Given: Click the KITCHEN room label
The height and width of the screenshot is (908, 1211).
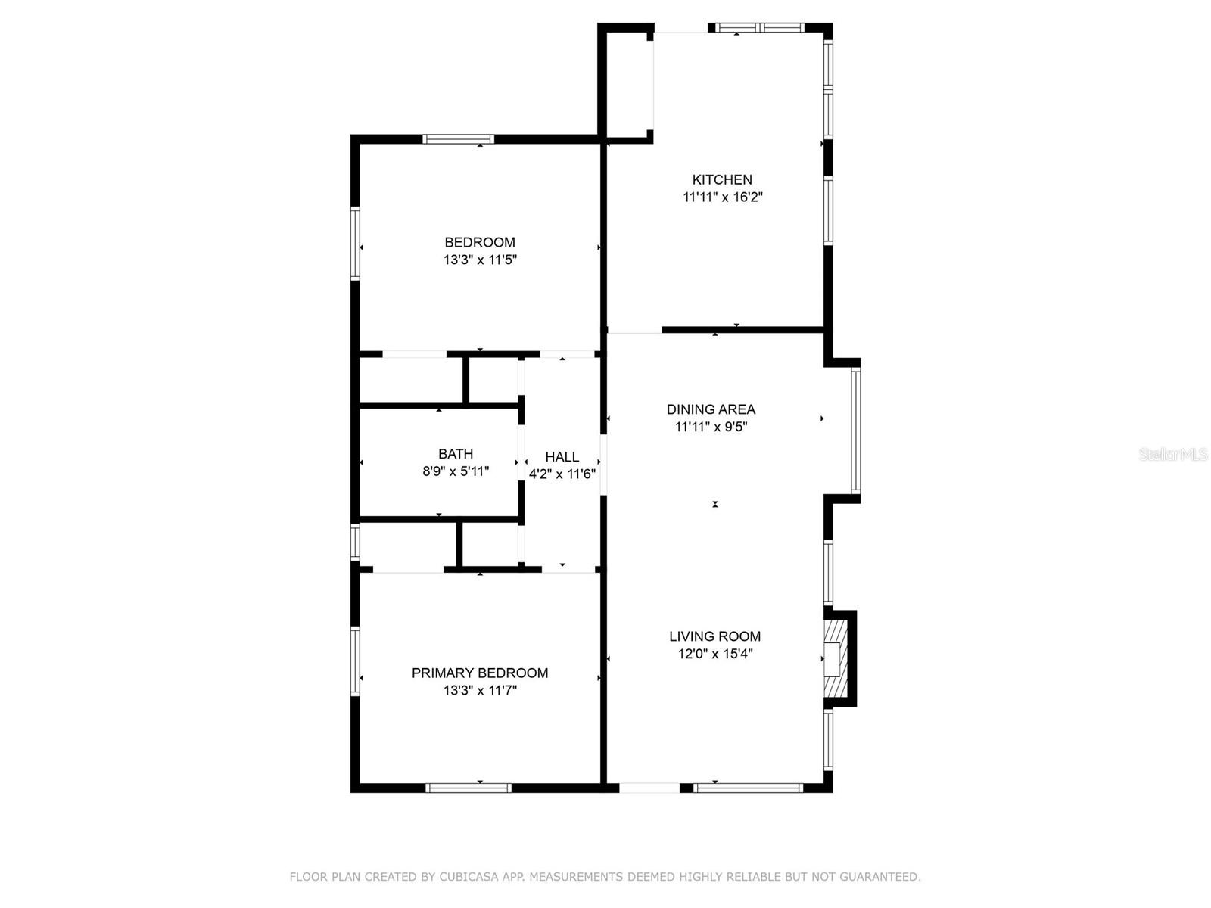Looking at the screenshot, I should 722,180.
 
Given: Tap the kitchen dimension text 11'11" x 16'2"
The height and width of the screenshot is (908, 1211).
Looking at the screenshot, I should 722,197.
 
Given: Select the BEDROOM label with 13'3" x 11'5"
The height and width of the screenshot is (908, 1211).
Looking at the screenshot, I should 480,243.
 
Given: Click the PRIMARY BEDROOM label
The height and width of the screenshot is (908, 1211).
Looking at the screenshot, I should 480,673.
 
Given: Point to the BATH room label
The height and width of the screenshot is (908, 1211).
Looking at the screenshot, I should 456,454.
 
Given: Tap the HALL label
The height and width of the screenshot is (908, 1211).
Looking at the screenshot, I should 562,457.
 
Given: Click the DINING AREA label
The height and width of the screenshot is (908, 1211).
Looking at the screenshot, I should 711,409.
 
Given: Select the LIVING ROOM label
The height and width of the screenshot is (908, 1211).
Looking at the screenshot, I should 714,636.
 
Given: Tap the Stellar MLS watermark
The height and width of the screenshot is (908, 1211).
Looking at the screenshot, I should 1173,454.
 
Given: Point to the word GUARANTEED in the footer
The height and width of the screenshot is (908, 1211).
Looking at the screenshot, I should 880,877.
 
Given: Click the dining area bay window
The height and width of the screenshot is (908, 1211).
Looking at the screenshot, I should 855,430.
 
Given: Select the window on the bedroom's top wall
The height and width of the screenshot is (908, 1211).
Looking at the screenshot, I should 458,139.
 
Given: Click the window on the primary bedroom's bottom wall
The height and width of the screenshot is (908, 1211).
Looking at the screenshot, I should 469,788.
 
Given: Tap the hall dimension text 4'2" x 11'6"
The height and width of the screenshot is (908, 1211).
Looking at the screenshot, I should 562,474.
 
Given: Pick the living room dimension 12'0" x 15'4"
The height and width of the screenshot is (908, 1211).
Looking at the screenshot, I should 714,654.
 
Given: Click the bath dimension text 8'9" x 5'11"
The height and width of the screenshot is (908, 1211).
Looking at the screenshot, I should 456,471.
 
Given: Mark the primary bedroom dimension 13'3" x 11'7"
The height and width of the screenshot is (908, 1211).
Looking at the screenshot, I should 480,690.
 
